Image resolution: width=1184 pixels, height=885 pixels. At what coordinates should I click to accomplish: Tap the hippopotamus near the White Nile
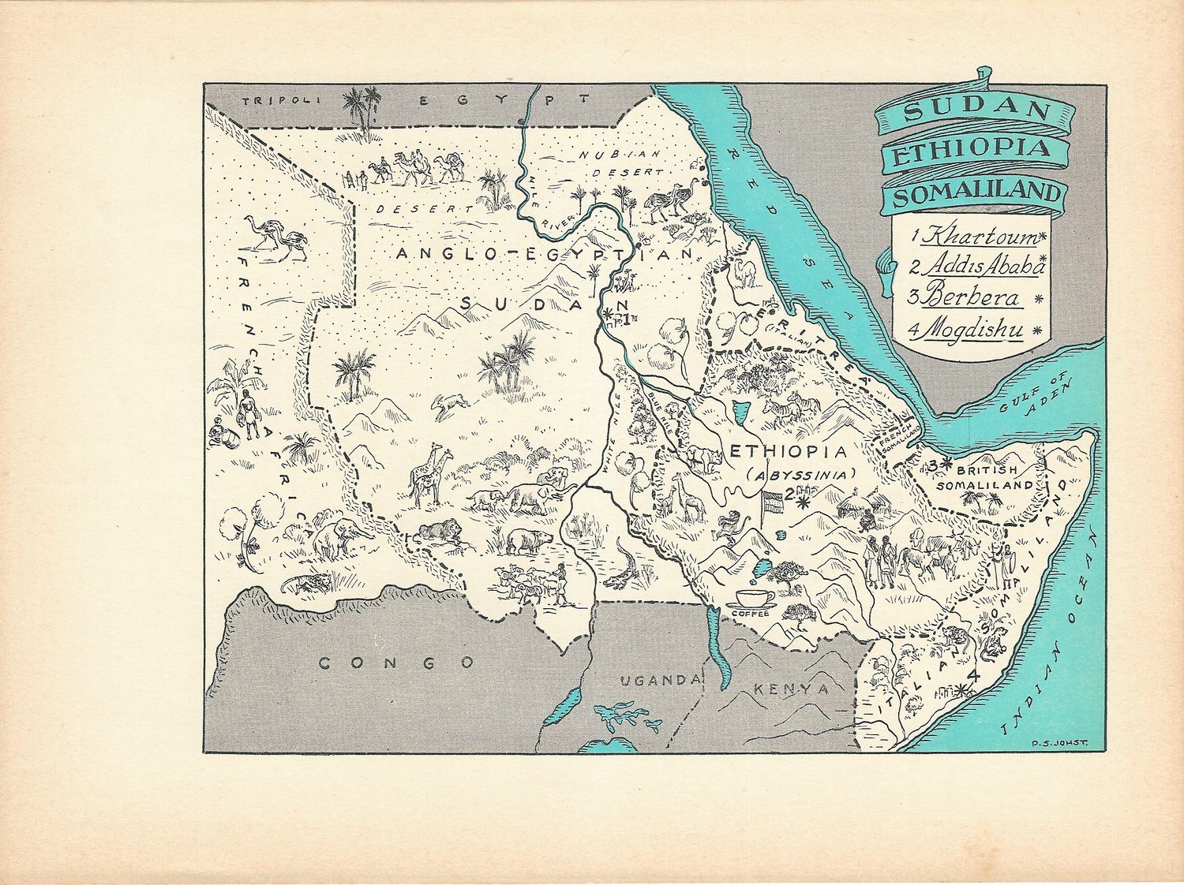[x=525, y=541]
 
